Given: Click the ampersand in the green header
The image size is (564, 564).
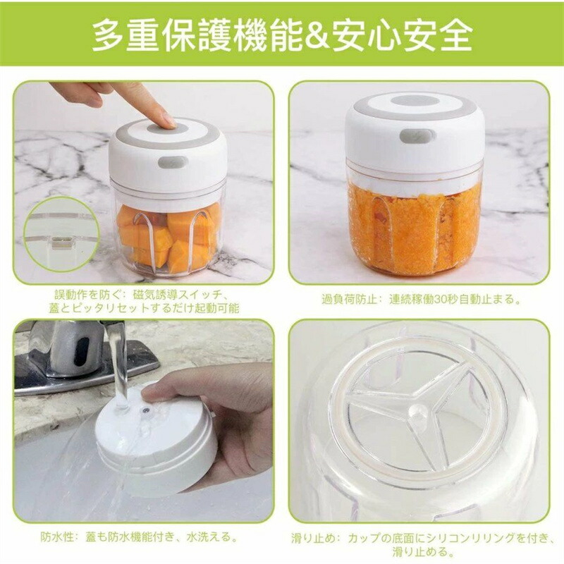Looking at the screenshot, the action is [317, 35].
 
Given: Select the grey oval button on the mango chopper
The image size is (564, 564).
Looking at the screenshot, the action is [173, 162].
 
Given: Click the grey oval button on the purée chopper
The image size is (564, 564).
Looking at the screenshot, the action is [417, 135].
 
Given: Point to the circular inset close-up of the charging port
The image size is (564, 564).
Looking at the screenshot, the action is [62, 234].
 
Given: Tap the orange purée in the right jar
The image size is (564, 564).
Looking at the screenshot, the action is [414, 231].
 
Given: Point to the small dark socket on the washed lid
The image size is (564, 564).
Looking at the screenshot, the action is [146, 410].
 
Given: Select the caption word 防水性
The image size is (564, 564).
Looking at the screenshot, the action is [58, 537].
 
